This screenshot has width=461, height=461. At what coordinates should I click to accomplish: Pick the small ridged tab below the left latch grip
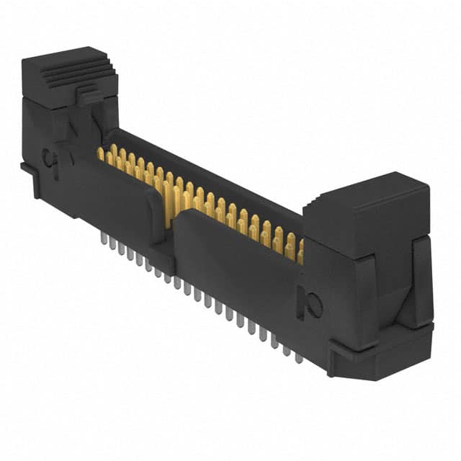click(89, 94)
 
